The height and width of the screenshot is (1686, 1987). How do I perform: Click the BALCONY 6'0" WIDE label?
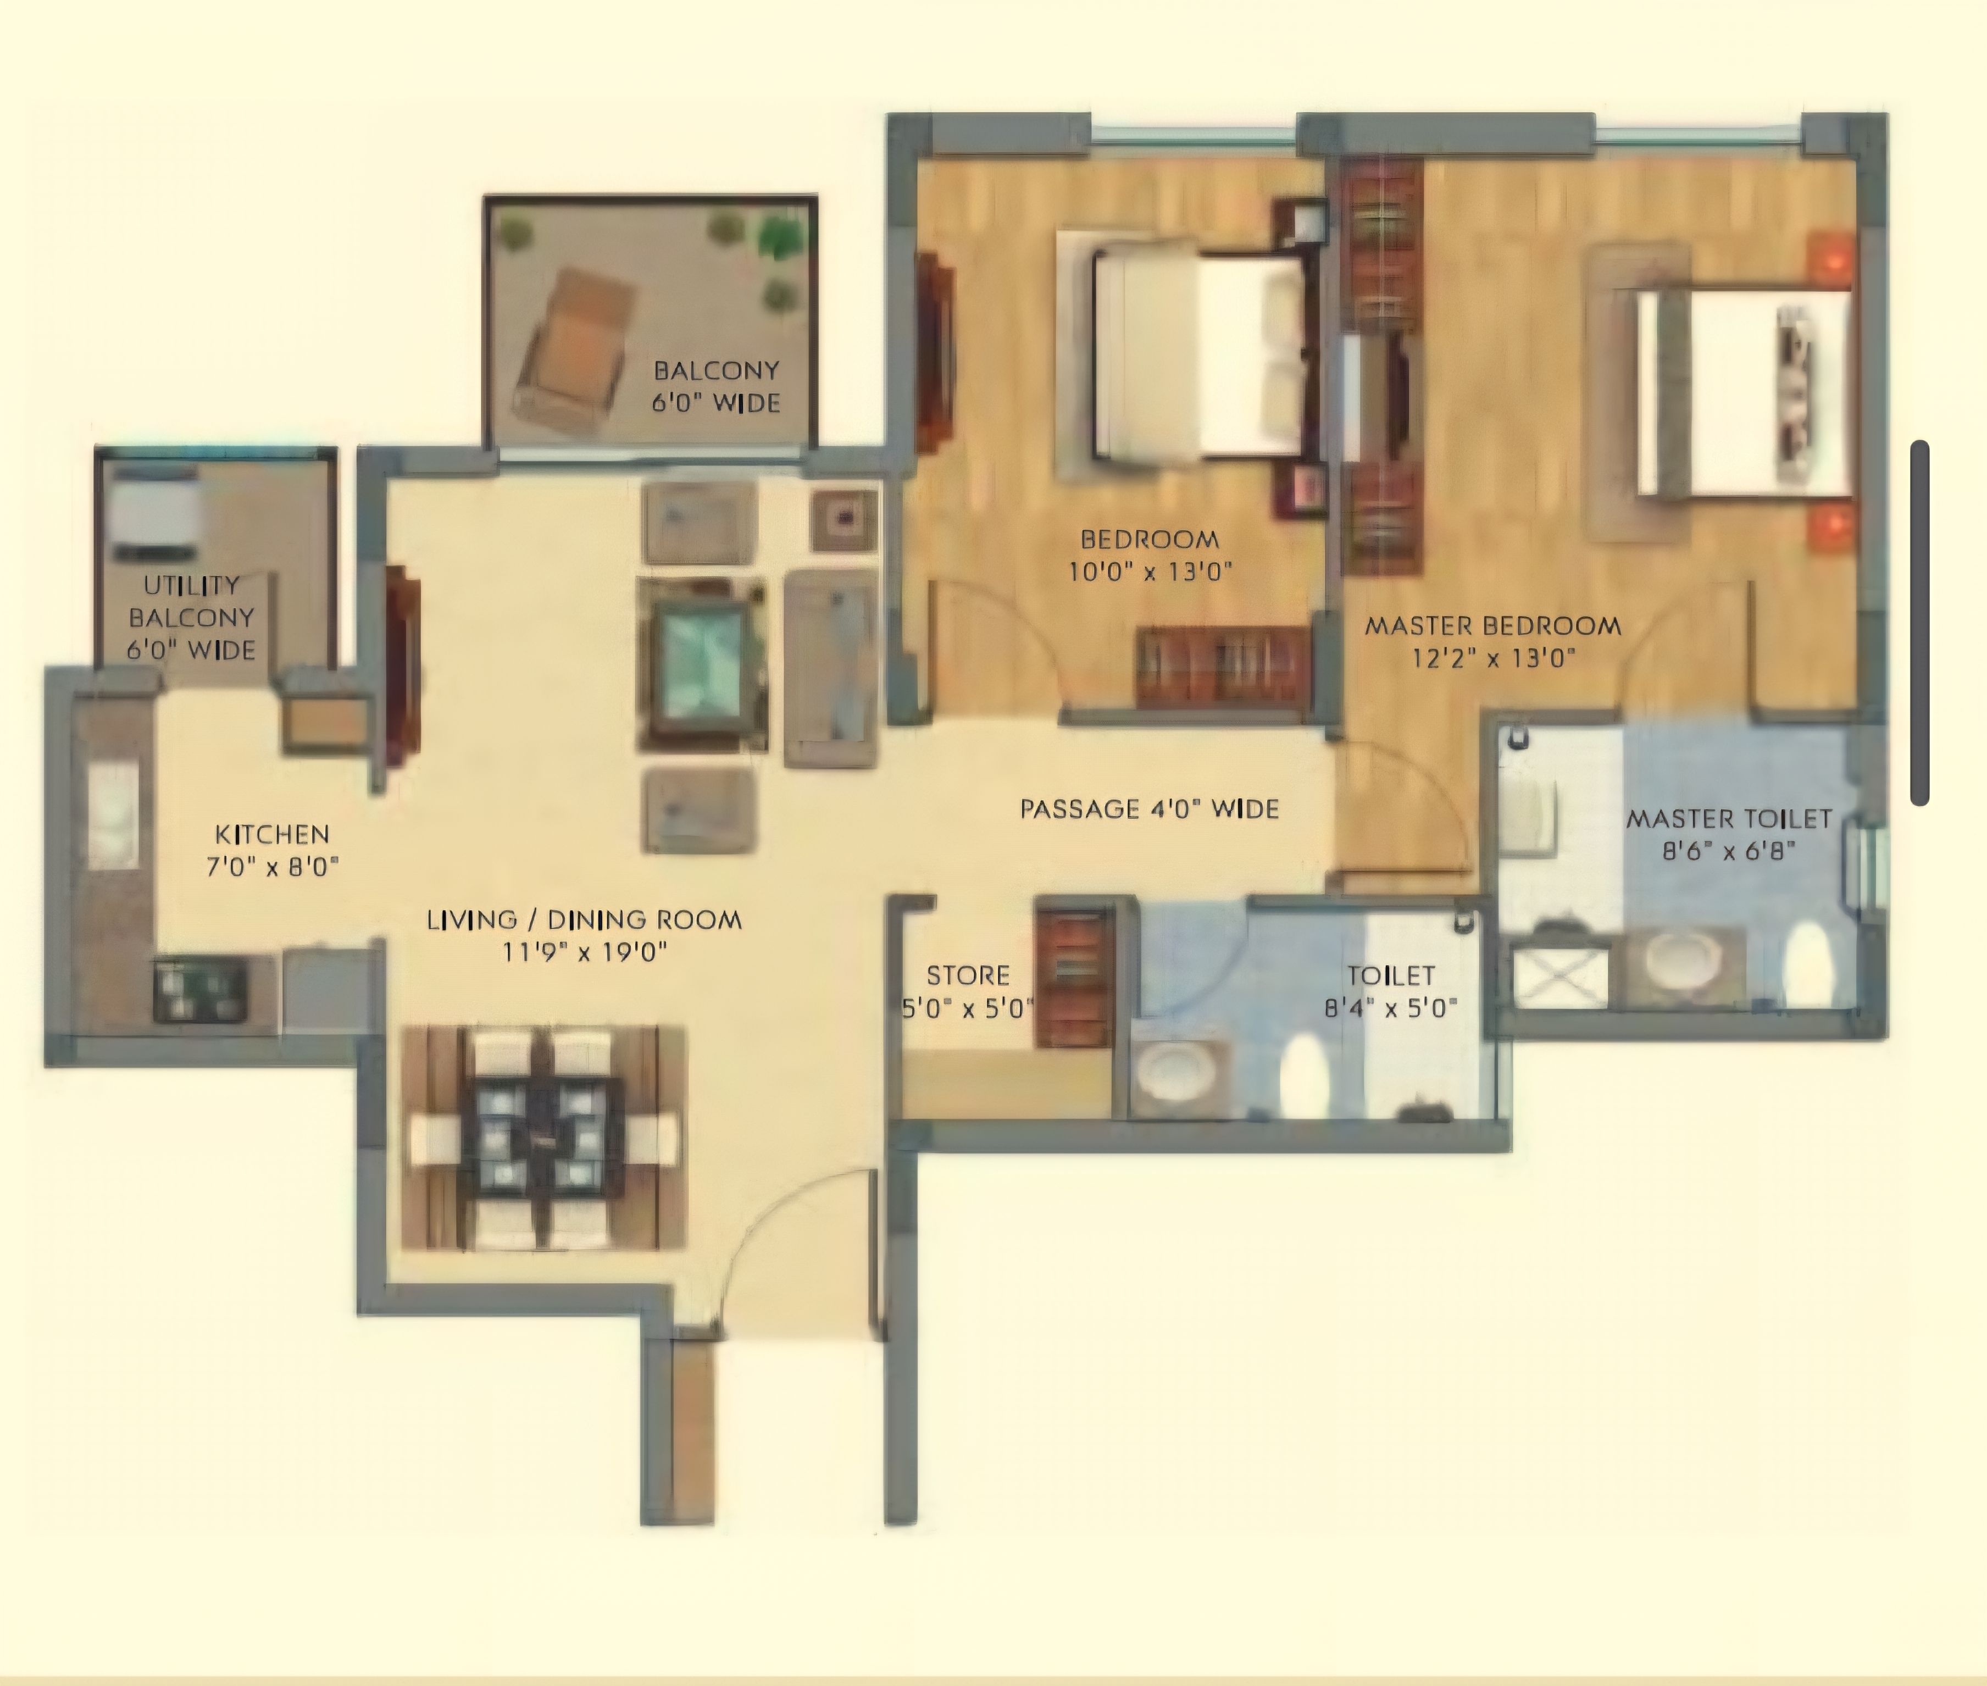pos(716,386)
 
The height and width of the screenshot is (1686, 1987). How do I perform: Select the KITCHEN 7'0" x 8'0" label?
pos(273,850)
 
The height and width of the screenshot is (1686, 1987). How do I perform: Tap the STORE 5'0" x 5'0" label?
pos(967,991)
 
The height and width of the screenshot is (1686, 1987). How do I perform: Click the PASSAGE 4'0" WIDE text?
pos(1149,809)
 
